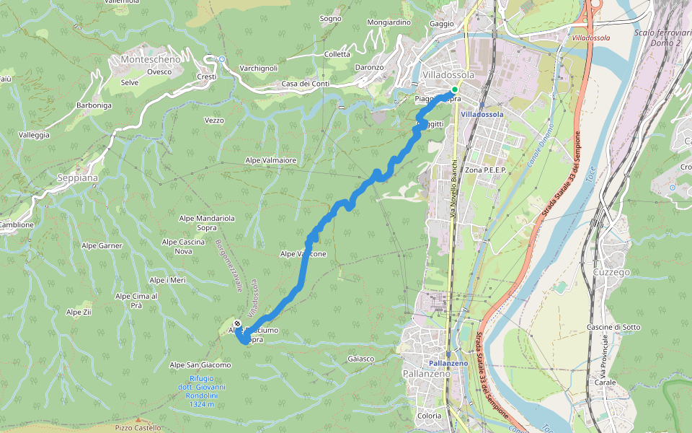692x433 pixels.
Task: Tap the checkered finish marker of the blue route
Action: tap(238, 324)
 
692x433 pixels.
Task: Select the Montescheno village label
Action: tap(150, 59)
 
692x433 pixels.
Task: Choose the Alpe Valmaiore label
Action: tap(270, 160)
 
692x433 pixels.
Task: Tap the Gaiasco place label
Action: tap(360, 359)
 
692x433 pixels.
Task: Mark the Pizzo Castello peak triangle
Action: tap(138, 420)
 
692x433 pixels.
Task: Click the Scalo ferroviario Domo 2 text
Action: tap(657, 38)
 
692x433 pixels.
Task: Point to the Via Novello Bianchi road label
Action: tap(453, 188)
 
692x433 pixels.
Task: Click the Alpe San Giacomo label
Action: tap(200, 365)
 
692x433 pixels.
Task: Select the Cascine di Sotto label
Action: tap(613, 327)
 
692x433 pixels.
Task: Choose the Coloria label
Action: tap(430, 416)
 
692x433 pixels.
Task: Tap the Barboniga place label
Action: tap(94, 105)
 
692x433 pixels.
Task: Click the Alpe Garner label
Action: tap(101, 246)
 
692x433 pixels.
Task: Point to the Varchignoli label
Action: tap(258, 68)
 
